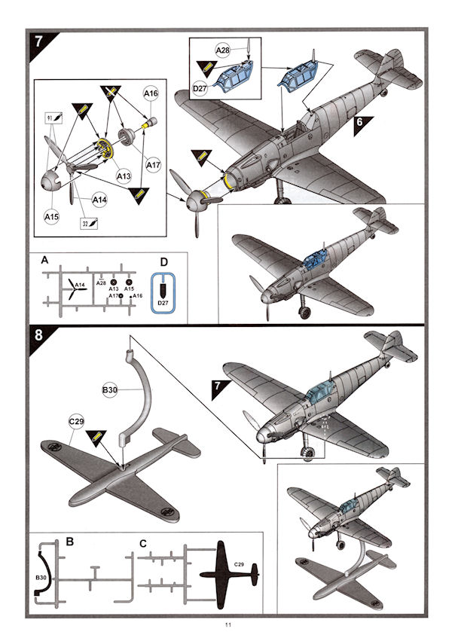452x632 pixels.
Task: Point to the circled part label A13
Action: [124, 176]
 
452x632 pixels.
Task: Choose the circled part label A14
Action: [99, 200]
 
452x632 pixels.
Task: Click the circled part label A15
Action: [51, 217]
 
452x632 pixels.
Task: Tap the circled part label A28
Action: [223, 50]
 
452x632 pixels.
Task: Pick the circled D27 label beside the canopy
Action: [201, 89]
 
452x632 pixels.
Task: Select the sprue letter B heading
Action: [69, 541]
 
